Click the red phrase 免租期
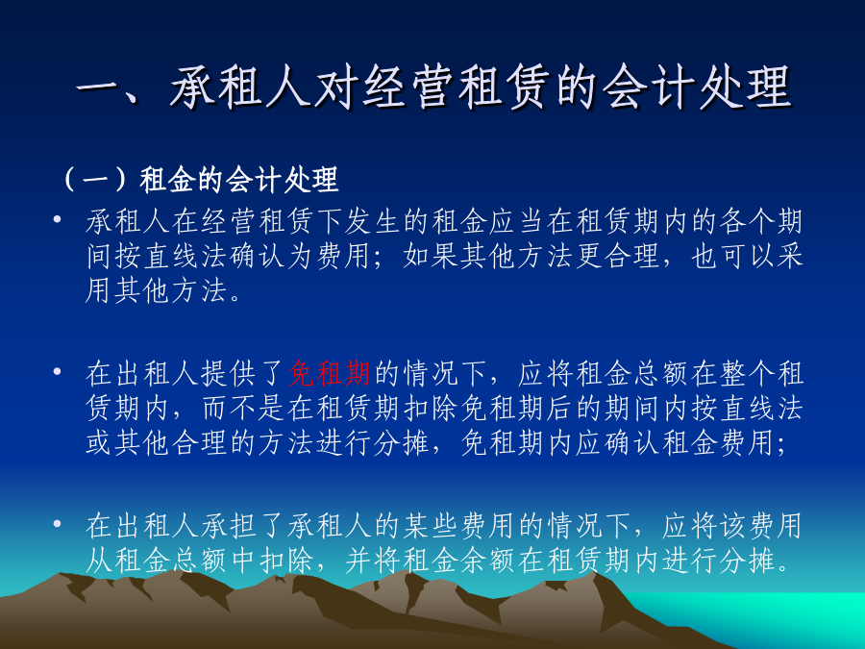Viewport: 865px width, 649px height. (330, 373)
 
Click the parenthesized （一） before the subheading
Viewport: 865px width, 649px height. (97, 180)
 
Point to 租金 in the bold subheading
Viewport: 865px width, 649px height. (166, 180)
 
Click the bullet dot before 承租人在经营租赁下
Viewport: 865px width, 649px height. (57, 219)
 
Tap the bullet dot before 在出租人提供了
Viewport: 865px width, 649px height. (57, 371)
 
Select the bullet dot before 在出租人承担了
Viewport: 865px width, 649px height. (57, 523)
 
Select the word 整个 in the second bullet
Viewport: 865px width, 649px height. (747, 373)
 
